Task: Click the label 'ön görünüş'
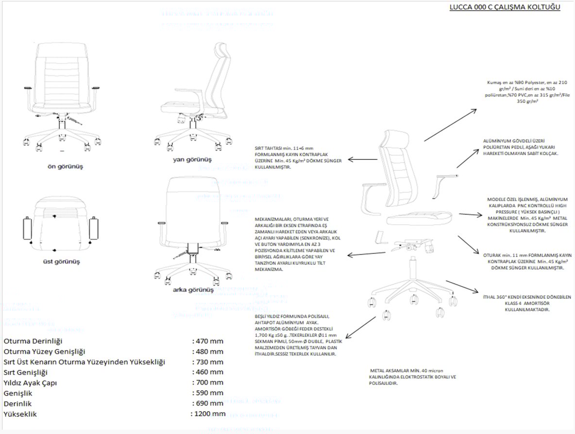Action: coord(65,167)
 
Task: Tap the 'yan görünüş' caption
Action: coord(192,159)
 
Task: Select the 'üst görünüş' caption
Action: coord(61,262)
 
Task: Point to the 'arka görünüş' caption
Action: coord(193,290)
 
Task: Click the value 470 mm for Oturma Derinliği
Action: coord(209,341)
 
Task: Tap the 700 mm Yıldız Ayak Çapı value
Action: coord(209,383)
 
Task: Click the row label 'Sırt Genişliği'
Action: coord(25,372)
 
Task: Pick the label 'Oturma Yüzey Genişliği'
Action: coord(44,351)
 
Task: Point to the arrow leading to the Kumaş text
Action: coord(450,125)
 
